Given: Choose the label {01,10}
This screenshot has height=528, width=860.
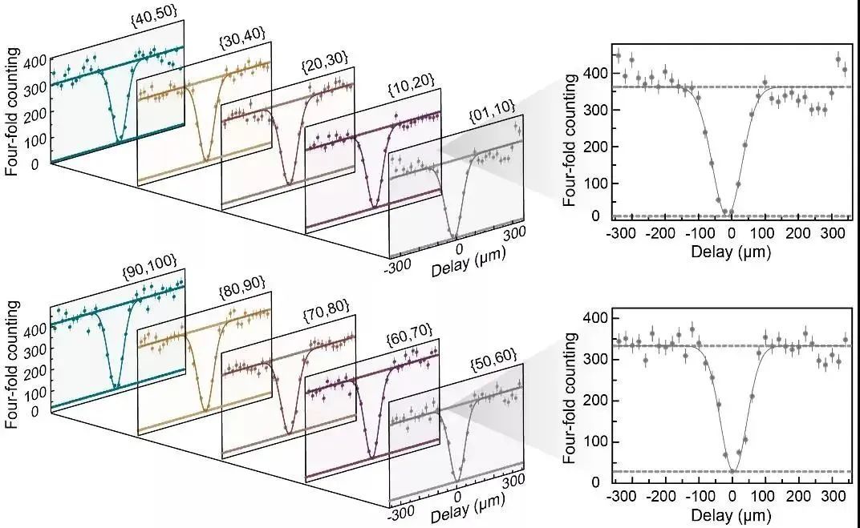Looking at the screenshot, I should [492, 120].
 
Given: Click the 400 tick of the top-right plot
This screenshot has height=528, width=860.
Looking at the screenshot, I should [594, 73].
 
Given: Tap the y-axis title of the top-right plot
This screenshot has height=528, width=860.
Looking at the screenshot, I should [571, 140].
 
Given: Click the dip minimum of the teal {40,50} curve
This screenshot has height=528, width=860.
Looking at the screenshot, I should [120, 141].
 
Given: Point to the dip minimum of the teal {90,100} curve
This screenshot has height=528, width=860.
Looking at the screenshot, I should [117, 388].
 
